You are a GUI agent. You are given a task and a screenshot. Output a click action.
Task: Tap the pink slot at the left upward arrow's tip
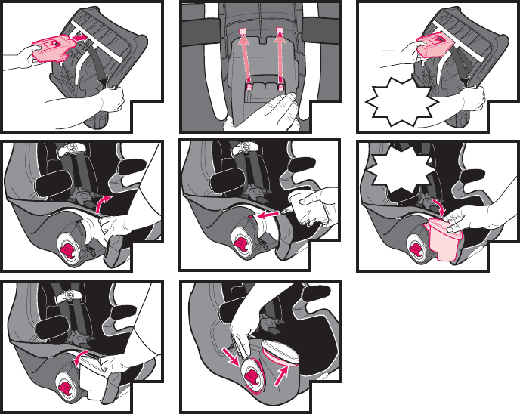tap(243, 30)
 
